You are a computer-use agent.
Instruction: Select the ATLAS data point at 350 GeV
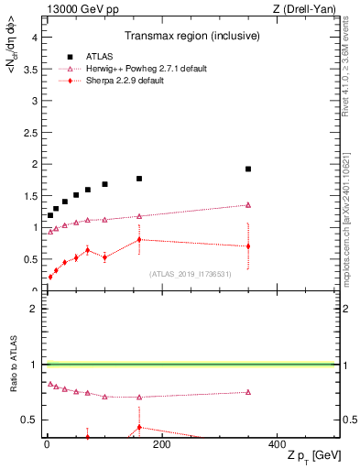coord(248,169)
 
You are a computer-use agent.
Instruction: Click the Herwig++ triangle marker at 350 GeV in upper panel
coord(248,205)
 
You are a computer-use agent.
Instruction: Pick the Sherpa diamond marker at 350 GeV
coord(248,246)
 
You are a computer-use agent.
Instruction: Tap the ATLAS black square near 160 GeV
coord(139,179)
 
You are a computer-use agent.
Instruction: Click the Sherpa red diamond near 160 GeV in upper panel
coord(139,240)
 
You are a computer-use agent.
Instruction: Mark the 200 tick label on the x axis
coord(161,445)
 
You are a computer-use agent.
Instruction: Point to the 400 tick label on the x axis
coord(277,445)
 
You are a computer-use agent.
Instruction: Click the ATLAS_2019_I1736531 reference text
coord(191,273)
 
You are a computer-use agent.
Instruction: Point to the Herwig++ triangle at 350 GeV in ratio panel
coord(248,392)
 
